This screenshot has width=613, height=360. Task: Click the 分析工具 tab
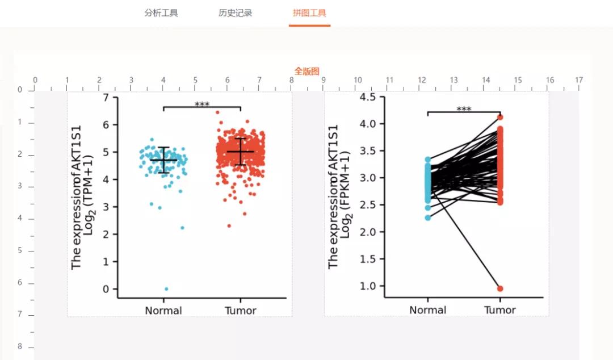(161, 13)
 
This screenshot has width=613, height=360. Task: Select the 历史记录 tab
(236, 13)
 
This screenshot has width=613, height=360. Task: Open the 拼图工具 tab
(309, 13)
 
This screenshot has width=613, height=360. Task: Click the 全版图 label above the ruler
(306, 71)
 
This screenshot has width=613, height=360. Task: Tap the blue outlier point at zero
(166, 289)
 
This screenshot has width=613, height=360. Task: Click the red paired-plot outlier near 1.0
(500, 288)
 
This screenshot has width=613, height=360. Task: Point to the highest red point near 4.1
(500, 118)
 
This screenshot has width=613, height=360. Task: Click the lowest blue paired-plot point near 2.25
(427, 217)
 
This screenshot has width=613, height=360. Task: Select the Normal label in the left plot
(163, 311)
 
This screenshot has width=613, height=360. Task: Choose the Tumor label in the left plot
(241, 311)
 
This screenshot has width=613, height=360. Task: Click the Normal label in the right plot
(428, 310)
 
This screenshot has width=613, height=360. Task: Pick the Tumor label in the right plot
(500, 310)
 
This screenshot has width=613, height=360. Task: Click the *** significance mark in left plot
(202, 105)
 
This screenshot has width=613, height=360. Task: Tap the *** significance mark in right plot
(464, 110)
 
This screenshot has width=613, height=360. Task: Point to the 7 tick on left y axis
(106, 98)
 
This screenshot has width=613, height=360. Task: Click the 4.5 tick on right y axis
(368, 97)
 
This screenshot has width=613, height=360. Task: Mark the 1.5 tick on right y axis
(368, 259)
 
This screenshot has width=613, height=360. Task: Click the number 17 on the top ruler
(578, 80)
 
